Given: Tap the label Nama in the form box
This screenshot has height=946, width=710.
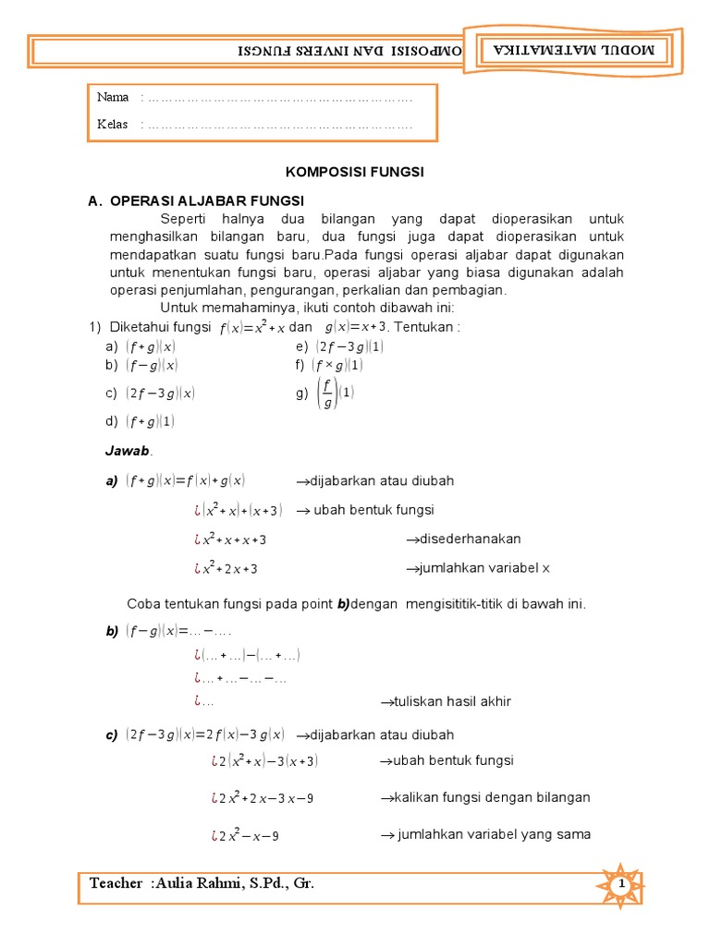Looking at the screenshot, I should click(x=113, y=98).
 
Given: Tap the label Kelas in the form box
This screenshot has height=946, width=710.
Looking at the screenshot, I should click(x=113, y=125).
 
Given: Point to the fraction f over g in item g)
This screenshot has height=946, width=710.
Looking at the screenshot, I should click(x=326, y=394).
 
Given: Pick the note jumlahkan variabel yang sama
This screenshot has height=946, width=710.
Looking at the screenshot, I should click(x=485, y=834).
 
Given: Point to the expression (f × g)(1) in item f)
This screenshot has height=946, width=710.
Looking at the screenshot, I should click(x=337, y=365).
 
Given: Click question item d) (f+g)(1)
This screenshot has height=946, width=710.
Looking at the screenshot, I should click(x=141, y=421).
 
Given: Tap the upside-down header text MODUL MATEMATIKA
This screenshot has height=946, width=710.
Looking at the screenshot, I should click(x=573, y=51).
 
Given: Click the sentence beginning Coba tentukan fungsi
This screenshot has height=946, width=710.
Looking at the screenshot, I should click(x=356, y=604).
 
